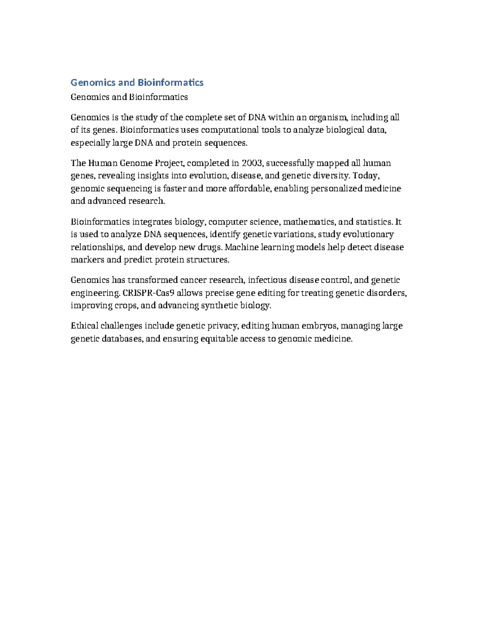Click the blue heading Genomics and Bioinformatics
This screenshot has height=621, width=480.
point(137,83)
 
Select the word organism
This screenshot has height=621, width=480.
point(330,118)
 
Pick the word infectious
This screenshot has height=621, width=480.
point(267,280)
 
